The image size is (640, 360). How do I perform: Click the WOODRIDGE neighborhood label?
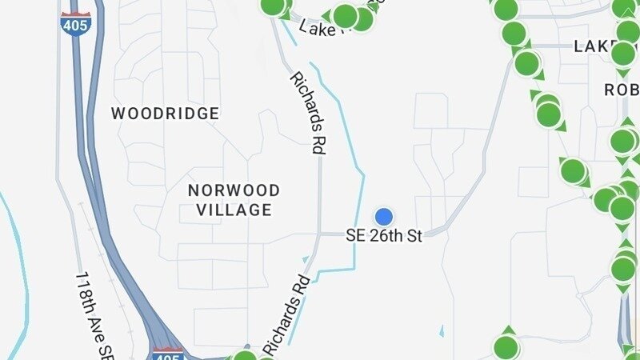click(x=165, y=114)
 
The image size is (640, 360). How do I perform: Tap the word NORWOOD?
click(x=234, y=190)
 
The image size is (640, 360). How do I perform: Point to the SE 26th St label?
click(x=383, y=236)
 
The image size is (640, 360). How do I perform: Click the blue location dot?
click(x=384, y=216)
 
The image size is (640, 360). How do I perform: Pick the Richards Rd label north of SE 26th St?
click(x=306, y=112)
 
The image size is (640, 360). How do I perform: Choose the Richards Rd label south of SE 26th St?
click(x=286, y=316)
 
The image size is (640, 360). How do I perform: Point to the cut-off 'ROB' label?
click(x=621, y=90)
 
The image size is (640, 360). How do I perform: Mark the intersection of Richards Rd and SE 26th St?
click(x=319, y=234)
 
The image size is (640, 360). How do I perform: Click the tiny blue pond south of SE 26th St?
click(x=442, y=330)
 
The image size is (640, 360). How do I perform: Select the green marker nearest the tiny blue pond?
click(x=506, y=347)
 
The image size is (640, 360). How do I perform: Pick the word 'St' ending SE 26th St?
click(x=414, y=236)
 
